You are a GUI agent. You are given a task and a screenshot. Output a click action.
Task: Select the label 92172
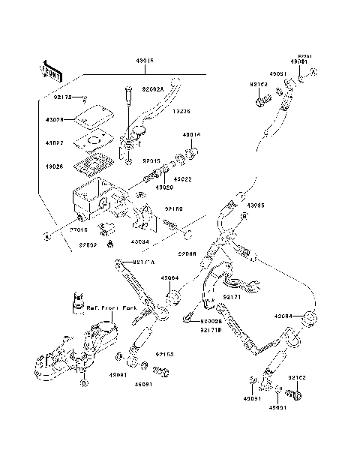tap(63, 97)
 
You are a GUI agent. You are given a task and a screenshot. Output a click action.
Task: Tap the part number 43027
tap(54, 142)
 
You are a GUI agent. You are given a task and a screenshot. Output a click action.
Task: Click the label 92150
tap(174, 210)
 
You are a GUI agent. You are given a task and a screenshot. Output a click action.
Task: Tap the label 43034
tap(139, 242)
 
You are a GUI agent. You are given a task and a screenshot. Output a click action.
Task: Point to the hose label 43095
tap(256, 204)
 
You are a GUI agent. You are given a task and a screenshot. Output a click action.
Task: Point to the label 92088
tap(188, 254)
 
